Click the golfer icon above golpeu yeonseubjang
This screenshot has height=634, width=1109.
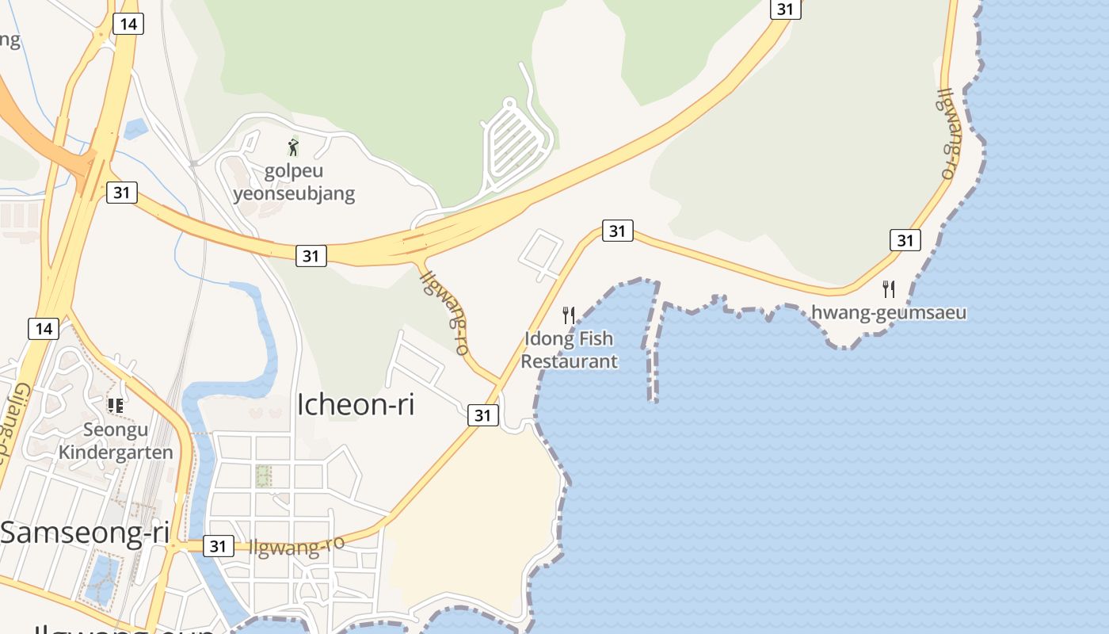click(x=293, y=147)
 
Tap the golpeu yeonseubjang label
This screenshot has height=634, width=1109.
click(x=293, y=182)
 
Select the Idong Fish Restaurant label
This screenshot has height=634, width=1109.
click(x=569, y=349)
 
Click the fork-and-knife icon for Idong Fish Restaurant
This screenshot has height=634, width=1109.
click(x=568, y=315)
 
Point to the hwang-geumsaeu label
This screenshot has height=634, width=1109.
click(x=889, y=312)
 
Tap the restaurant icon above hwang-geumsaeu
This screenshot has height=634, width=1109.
click(x=889, y=289)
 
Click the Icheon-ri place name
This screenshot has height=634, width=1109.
click(x=356, y=404)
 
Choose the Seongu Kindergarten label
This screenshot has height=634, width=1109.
click(x=116, y=441)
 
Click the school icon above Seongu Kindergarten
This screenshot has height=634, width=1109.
click(x=116, y=406)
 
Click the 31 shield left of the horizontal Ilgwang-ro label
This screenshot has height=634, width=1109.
click(x=218, y=545)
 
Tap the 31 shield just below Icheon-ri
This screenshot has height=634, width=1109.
click(x=482, y=414)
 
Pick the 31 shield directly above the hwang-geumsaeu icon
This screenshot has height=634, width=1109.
click(x=905, y=239)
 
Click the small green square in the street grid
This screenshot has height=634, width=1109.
click(x=264, y=475)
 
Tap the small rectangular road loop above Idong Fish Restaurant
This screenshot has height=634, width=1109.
click(x=541, y=254)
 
